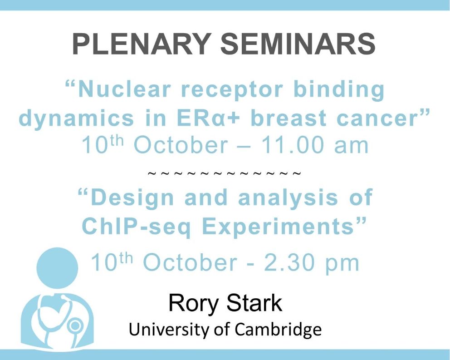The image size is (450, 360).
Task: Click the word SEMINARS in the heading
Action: pyautogui.click(x=298, y=44)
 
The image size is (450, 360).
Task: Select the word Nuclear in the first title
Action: pyautogui.click(x=124, y=89)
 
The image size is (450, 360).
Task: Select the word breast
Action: pyautogui.click(x=289, y=118)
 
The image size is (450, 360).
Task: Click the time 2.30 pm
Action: pyautogui.click(x=311, y=263)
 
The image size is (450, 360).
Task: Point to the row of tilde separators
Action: pyautogui.click(x=225, y=173)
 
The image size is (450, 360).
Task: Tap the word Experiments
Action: pyautogui.click(x=278, y=227)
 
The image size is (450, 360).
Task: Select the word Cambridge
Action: pyautogui.click(x=278, y=330)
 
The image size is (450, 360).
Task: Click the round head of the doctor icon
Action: pyautogui.click(x=57, y=268)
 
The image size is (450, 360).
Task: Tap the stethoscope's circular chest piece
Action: pyautogui.click(x=75, y=325)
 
